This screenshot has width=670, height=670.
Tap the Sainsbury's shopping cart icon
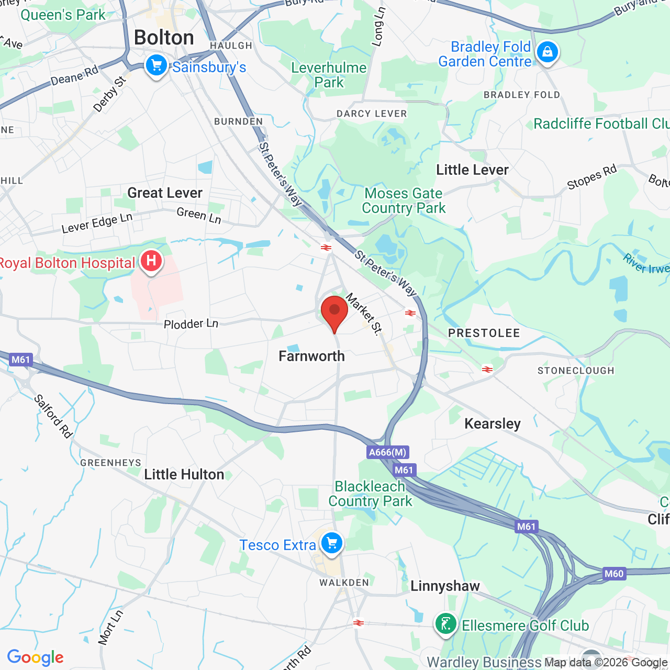tap(156, 66)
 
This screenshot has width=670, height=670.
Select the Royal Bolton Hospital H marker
tap(151, 261)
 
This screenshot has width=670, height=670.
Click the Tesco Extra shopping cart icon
tap(331, 543)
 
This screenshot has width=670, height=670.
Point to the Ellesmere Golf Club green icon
tap(445, 624)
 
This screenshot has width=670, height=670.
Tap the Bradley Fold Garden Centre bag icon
tap(547, 52)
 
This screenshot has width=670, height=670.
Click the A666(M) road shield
tap(387, 452)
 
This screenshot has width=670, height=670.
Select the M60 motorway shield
tap(613, 573)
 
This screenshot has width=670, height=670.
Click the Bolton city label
tap(164, 38)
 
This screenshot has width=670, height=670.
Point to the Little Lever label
tap(472, 170)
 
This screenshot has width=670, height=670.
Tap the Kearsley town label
tap(492, 423)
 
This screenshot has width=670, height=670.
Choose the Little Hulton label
tap(184, 474)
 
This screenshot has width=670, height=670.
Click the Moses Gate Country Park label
tap(404, 201)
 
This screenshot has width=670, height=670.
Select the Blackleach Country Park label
tap(370, 494)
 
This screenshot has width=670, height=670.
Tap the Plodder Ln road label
tap(191, 324)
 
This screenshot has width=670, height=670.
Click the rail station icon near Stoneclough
tap(487, 370)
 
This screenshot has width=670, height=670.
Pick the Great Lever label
tap(165, 193)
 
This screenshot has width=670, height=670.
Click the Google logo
tap(35, 657)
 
